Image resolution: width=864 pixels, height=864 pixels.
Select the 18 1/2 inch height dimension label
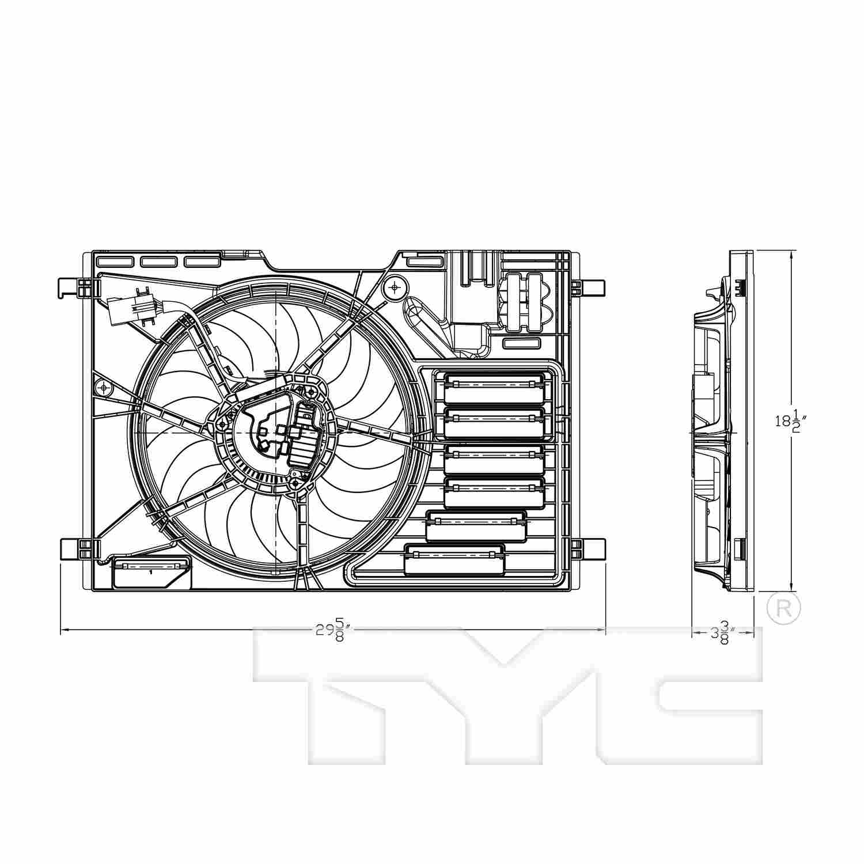click(x=789, y=421)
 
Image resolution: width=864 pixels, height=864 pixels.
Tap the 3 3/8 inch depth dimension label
click(x=720, y=632)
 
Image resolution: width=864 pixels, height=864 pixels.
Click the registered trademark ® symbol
click(x=783, y=607)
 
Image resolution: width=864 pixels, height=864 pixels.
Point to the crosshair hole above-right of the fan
click(x=395, y=286)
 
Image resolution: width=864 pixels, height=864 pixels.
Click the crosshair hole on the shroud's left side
click(x=103, y=388)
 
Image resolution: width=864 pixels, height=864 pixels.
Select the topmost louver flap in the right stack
click(x=494, y=387)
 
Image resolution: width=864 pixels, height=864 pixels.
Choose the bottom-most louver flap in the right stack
click(x=454, y=559)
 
